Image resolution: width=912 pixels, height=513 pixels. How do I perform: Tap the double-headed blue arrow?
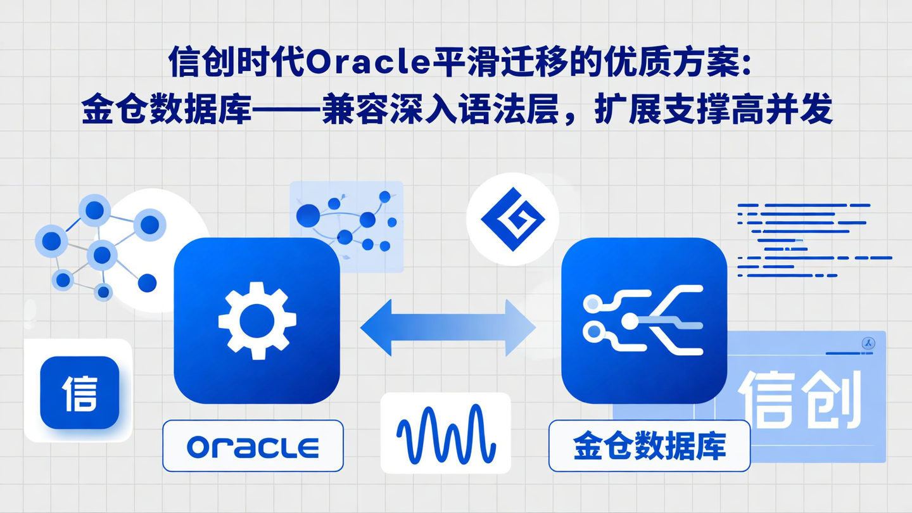click(x=448, y=327)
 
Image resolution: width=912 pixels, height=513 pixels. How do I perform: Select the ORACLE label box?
click(x=253, y=446)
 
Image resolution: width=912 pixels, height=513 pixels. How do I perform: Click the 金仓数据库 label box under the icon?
click(x=649, y=446)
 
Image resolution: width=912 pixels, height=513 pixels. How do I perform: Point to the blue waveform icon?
click(x=445, y=433)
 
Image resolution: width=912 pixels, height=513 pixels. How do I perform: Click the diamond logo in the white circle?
click(x=512, y=218)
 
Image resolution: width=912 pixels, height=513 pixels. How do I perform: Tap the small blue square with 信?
click(x=80, y=393)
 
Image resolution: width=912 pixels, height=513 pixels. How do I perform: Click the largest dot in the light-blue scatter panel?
click(x=308, y=215)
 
